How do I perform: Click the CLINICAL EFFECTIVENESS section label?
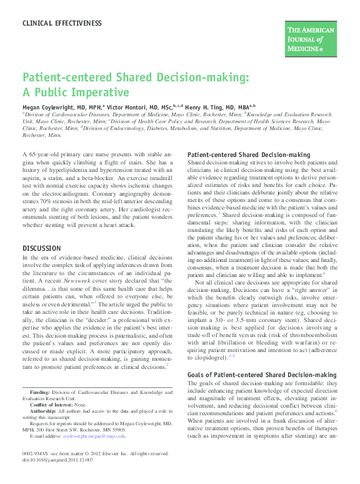pyautogui.click(x=62, y=23)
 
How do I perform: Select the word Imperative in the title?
pyautogui.click(x=94, y=93)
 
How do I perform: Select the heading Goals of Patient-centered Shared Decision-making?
pyautogui.click(x=262, y=375)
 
